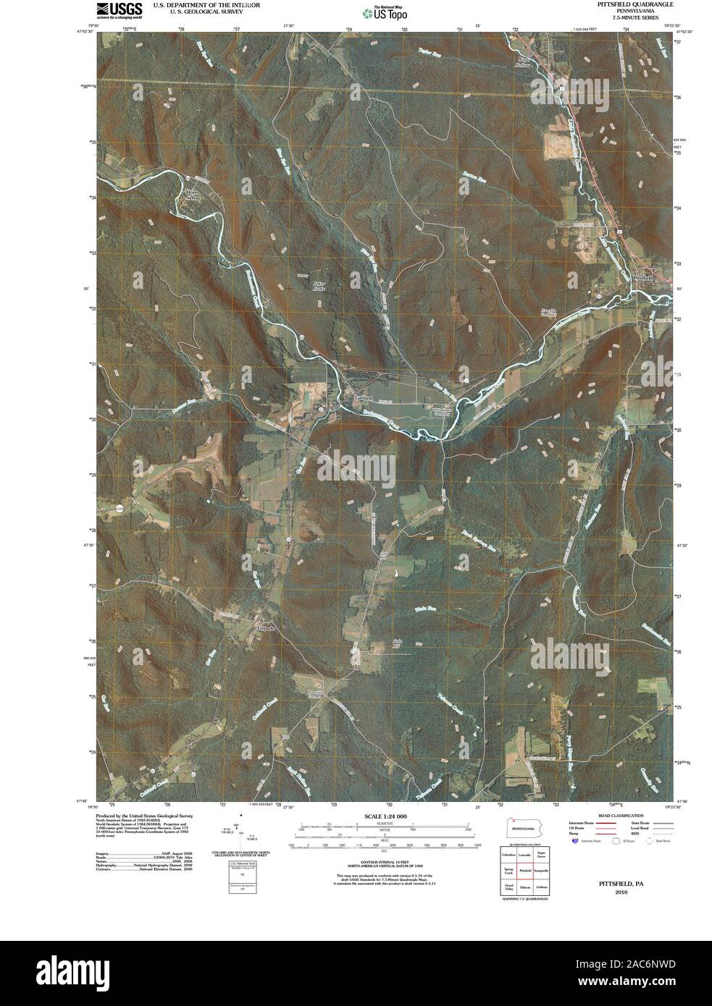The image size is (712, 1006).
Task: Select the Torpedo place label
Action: pyautogui.click(x=267, y=628)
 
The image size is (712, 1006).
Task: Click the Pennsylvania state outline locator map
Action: pyautogui.click(x=524, y=828)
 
